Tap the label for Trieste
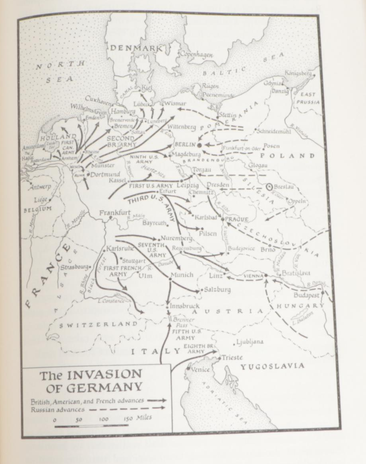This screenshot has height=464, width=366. (232, 357)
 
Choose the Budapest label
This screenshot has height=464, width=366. (306, 296)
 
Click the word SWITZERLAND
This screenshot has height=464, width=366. (98, 324)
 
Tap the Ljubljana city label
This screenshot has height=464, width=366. (250, 342)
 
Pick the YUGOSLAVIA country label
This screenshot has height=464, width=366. (273, 366)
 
